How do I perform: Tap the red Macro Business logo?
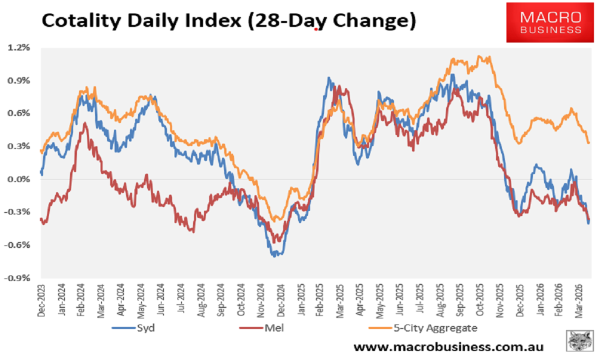point(550,23)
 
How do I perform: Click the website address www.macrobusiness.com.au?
point(448,346)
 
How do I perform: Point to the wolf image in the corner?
point(580,342)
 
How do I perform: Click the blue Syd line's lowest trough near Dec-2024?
point(275,255)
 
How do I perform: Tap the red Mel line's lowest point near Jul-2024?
point(193,230)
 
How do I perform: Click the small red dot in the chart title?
point(316,29)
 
